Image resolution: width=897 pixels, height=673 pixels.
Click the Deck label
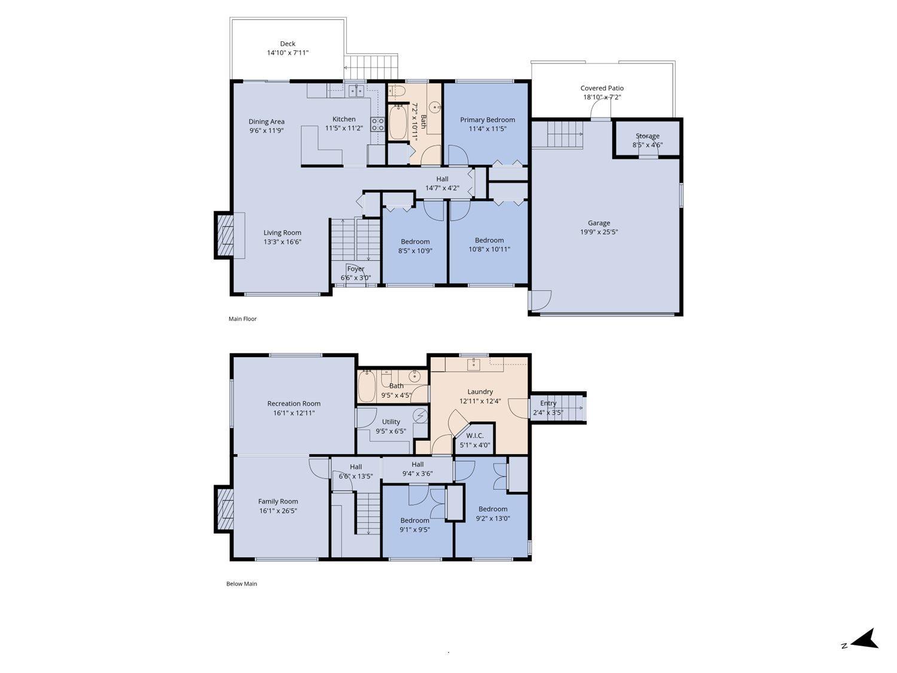pos(288,44)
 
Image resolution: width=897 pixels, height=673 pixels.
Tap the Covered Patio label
pos(602,88)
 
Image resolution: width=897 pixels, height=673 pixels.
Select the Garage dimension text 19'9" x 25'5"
pos(599,232)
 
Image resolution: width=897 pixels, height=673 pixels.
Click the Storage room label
pos(647,136)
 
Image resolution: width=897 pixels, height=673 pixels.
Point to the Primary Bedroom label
pos(487,120)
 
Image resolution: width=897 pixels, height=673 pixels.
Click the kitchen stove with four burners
pos(377,124)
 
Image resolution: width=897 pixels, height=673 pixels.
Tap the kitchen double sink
pos(356,91)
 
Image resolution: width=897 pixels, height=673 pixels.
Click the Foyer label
pos(356,269)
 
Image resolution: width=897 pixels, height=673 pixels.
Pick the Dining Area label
pos(267,121)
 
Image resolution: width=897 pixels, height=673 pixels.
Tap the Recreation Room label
pos(294,404)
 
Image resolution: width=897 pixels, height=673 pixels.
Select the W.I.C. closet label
pos(475,436)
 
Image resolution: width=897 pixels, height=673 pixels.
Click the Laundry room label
pos(480,392)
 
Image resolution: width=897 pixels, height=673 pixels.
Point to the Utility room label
pos(391,422)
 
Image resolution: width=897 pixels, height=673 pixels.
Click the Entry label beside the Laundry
pos(548,403)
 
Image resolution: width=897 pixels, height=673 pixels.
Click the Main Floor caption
pos(242,319)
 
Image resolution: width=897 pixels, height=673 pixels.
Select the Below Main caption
pos(242,584)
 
